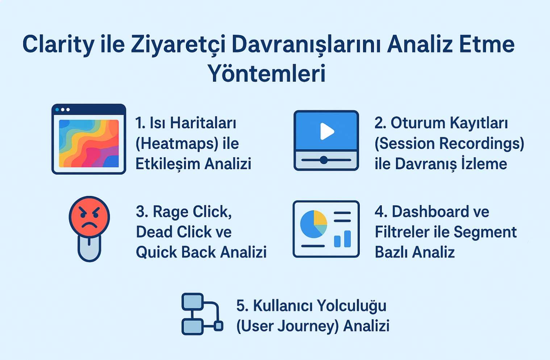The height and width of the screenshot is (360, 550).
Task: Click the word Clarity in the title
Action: pos(58,45)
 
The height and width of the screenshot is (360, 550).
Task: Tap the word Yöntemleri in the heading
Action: pos(266,74)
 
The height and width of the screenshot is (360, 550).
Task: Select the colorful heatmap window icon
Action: pos(89,139)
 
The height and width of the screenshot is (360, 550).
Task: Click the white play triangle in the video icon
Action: pos(326,131)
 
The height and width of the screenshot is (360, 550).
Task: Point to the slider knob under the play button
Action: pos(324,160)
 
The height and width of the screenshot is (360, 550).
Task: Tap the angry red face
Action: pos(89,216)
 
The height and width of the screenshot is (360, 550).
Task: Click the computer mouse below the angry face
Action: pos(89,248)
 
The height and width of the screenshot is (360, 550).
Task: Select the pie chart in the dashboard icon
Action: pos(313,224)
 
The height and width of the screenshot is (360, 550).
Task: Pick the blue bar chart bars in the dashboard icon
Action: pos(342,239)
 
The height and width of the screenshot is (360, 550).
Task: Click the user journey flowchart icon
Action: pos(201,314)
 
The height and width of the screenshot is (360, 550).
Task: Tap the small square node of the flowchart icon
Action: pos(218,326)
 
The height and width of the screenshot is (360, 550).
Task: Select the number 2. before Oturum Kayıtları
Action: pos(380,123)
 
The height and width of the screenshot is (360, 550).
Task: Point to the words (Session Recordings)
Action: pos(449,144)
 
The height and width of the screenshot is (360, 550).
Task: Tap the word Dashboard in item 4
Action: pos(430,212)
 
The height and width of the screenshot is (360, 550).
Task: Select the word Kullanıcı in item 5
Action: pos(282,306)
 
